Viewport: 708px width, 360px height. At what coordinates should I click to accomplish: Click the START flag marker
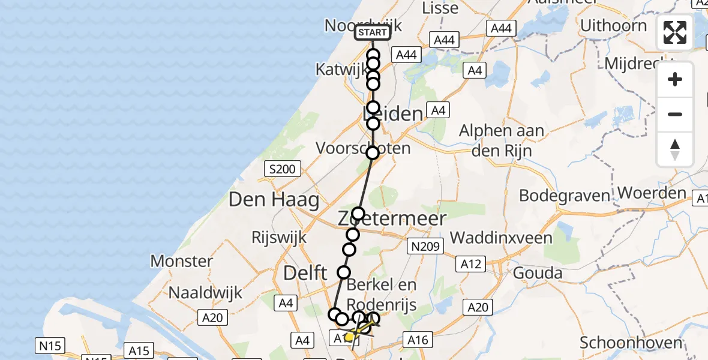[x=372, y=32]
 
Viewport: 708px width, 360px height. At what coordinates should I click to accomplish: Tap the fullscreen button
[x=675, y=32]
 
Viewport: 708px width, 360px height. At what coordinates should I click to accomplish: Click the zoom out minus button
[x=675, y=114]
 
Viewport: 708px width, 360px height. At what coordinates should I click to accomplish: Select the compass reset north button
[x=675, y=149]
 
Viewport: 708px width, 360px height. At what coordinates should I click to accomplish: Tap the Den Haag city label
[x=274, y=200]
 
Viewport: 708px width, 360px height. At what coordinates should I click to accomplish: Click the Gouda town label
[x=538, y=274]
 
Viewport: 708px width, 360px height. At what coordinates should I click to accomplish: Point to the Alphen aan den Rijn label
[x=502, y=140]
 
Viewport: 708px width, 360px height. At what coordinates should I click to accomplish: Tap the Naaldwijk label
[x=205, y=292]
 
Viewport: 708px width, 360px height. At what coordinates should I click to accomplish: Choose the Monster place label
[x=181, y=262]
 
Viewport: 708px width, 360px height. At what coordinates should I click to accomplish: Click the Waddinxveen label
[x=501, y=238]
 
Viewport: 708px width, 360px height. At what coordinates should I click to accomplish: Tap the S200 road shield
[x=282, y=169]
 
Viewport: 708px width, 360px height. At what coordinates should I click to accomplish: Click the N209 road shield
[x=425, y=246]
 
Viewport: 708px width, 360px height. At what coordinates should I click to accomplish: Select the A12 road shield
[x=471, y=263]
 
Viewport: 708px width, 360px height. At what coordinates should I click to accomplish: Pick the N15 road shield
[x=51, y=346]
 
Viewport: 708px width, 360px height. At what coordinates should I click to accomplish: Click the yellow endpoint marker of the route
[x=349, y=337]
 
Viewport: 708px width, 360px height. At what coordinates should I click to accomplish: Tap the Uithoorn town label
[x=613, y=26]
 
